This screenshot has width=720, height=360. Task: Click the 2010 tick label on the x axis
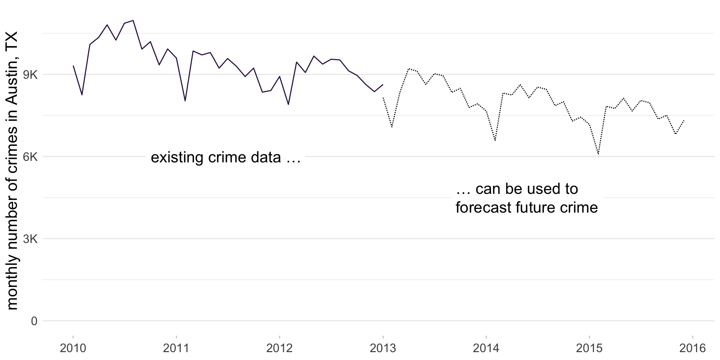pyautogui.click(x=73, y=349)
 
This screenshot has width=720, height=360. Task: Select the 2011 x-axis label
pyautogui.click(x=176, y=349)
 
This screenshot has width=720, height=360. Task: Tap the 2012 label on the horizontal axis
pyautogui.click(x=279, y=349)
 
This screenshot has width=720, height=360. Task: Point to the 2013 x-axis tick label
pyautogui.click(x=383, y=349)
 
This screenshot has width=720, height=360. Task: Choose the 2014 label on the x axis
pyautogui.click(x=486, y=349)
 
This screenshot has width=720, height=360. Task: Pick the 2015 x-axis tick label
pyautogui.click(x=589, y=349)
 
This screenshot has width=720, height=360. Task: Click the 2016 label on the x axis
pyautogui.click(x=693, y=349)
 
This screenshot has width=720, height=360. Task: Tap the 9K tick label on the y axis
pyautogui.click(x=30, y=75)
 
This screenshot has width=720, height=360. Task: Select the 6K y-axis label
pyautogui.click(x=30, y=157)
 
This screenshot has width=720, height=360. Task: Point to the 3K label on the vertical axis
pyautogui.click(x=30, y=239)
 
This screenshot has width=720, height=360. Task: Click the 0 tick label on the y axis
pyautogui.click(x=34, y=321)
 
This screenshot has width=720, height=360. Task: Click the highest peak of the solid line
pyautogui.click(x=133, y=21)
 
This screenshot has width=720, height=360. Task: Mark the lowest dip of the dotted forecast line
pyautogui.click(x=598, y=154)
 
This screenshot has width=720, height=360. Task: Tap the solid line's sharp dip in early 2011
pyautogui.click(x=185, y=101)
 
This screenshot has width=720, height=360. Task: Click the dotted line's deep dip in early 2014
pyautogui.click(x=495, y=140)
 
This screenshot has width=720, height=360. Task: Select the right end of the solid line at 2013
pyautogui.click(x=383, y=85)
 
